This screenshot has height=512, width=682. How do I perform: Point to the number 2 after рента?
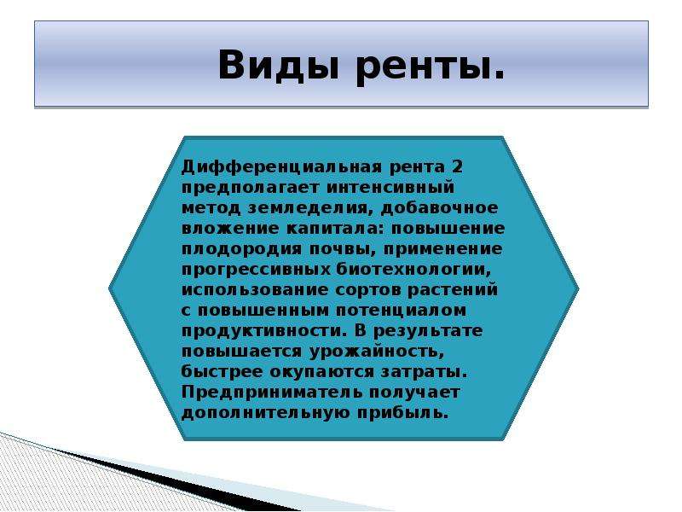[x=457, y=166]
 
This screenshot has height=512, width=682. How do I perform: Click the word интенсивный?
[x=390, y=188]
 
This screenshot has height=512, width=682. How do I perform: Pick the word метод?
[x=211, y=208]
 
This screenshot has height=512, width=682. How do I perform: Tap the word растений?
[x=453, y=290]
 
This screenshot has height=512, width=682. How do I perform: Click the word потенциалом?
[x=401, y=311]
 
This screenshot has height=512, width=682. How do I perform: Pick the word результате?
[x=428, y=332]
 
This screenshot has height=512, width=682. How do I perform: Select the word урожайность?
[x=377, y=352]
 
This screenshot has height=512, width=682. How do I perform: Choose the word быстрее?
[x=222, y=372]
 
